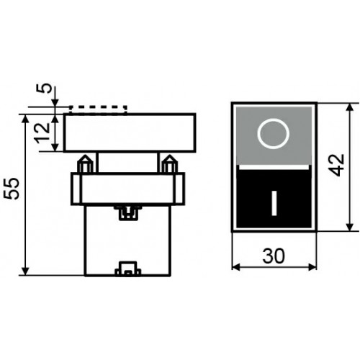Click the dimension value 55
pyautogui.click(x=12, y=189)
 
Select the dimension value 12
pyautogui.click(x=42, y=132)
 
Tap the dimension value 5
pyautogui.click(x=44, y=88)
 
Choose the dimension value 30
pyautogui.click(x=274, y=256)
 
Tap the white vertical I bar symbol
pyautogui.click(x=274, y=203)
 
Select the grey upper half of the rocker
pyautogui.click(x=274, y=135)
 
